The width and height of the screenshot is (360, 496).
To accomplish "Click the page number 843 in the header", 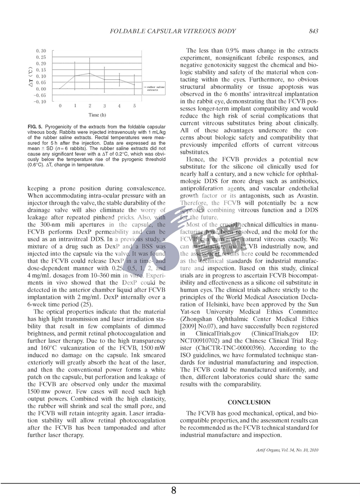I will pos(313,31).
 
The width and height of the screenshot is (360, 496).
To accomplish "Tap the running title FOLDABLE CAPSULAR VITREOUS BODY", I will pos(173,31).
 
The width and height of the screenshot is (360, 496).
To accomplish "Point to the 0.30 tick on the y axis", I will pos(41,51).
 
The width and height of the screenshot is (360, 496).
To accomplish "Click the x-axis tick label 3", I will pos(104,106).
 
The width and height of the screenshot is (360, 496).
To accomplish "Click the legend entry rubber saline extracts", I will pos(157,88).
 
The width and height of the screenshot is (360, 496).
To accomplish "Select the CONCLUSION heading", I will pos(249,402).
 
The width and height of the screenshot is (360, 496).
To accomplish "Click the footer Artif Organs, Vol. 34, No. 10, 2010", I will pos(287,450).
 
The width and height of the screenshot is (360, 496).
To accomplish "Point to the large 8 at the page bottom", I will pos(174,490).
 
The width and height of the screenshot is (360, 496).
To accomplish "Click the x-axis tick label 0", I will pos(60,106).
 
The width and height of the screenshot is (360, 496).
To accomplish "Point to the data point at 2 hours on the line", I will pos(90,73).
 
